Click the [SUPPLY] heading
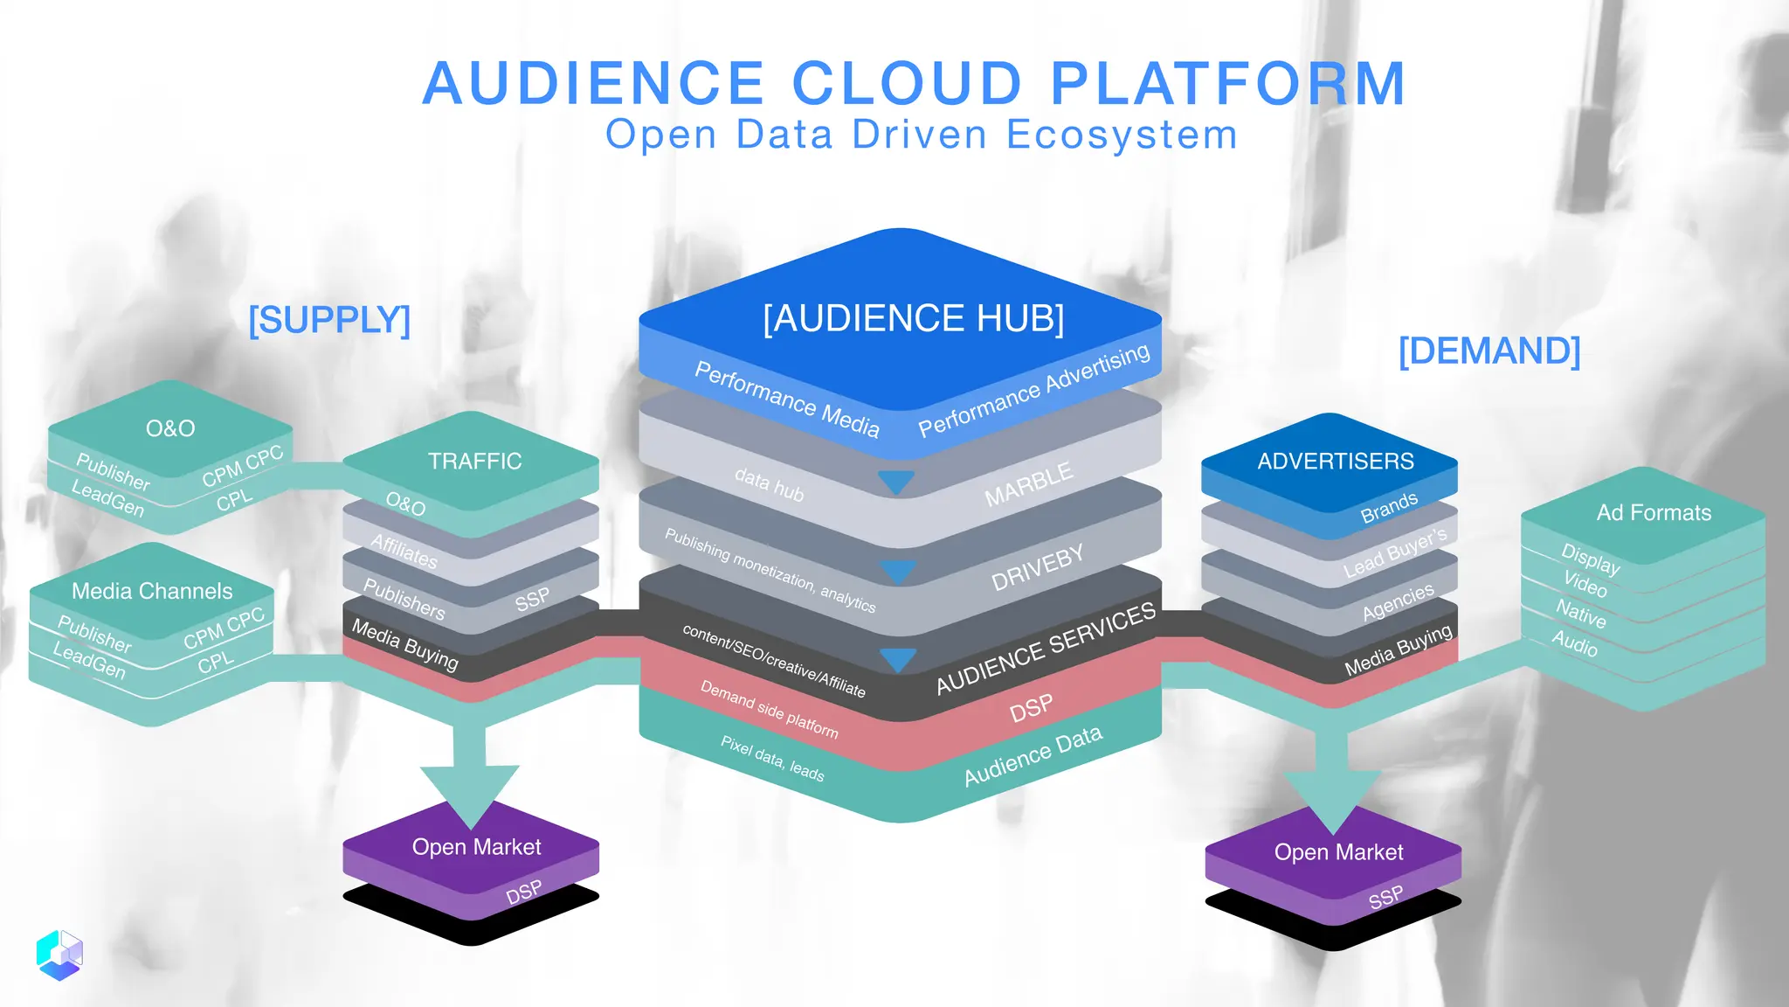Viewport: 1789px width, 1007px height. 329,320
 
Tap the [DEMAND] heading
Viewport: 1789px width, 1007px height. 1489,351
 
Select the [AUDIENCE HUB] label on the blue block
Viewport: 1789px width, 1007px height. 913,318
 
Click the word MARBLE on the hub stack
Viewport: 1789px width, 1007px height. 1028,485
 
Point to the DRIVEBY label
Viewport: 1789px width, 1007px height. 1037,567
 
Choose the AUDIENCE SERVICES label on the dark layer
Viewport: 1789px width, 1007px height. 1045,649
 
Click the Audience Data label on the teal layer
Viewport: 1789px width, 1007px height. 1033,756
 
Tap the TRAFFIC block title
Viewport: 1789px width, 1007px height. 474,461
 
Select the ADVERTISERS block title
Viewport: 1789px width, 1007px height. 1335,461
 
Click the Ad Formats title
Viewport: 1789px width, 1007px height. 1654,512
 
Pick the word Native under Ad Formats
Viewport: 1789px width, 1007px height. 1580,614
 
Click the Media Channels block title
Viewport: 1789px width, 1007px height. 152,591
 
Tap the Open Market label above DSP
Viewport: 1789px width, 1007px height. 476,846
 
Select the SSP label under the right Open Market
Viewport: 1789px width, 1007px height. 1385,898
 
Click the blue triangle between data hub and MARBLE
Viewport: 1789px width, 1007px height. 896,482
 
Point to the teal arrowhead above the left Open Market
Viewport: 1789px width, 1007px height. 470,792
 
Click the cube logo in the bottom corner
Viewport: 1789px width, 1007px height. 59,955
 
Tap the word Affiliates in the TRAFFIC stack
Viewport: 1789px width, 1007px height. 404,552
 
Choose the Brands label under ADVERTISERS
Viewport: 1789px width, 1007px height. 1388,508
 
